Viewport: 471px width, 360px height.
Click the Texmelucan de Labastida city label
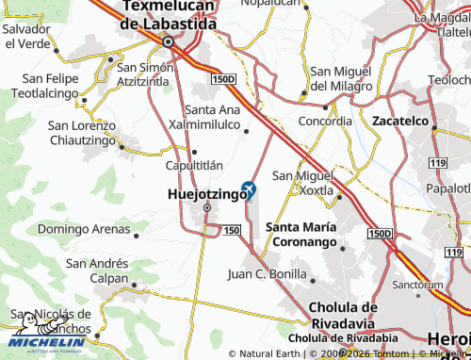point(169,17)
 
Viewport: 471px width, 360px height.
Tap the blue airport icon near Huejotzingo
point(250,188)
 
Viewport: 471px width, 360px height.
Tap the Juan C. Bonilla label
point(268,274)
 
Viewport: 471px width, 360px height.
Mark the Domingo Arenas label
point(84,228)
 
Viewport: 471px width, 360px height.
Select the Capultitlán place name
point(193,164)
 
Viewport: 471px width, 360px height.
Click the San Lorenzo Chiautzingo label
point(82,133)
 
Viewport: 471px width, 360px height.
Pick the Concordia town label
point(325,122)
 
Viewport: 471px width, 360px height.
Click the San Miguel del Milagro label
point(346,79)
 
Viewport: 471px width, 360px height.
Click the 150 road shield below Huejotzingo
point(233,230)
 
